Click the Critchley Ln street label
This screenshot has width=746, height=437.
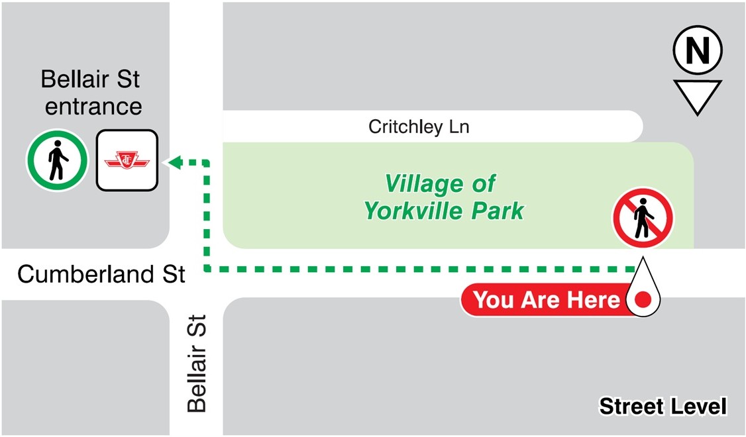[419, 126]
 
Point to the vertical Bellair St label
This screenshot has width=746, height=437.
[197, 364]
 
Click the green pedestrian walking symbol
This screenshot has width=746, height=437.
[57, 160]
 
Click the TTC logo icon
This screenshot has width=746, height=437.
[127, 160]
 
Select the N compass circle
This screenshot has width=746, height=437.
[697, 51]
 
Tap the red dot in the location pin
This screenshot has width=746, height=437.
[642, 300]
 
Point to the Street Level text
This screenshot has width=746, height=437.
[663, 406]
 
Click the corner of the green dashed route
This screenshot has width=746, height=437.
[206, 269]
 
